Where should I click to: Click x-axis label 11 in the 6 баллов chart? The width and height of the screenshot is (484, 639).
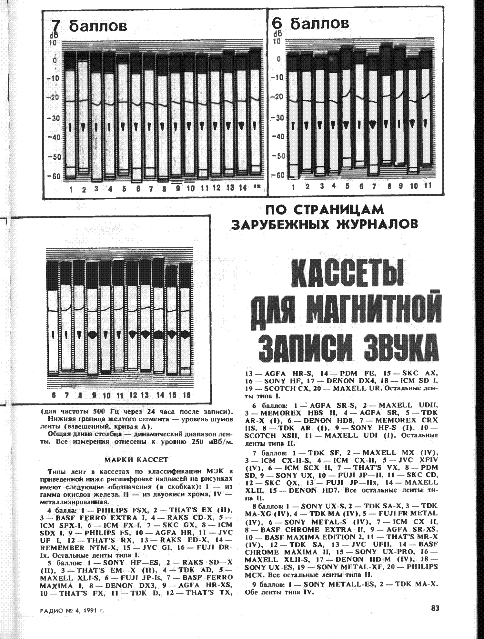[x=427, y=186]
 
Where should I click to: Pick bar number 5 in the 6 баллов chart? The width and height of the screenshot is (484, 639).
[x=347, y=106]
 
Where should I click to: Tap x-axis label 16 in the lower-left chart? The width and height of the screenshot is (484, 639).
[x=186, y=395]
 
